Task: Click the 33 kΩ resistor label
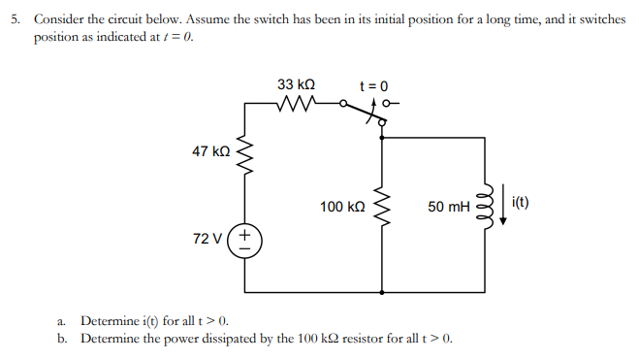296,84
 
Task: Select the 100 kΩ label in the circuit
341,207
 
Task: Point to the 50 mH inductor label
448,207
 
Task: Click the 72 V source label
208,239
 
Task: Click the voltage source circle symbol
244,240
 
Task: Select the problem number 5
11,19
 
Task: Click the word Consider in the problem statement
59,19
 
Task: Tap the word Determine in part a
112,320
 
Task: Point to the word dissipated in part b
243,339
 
